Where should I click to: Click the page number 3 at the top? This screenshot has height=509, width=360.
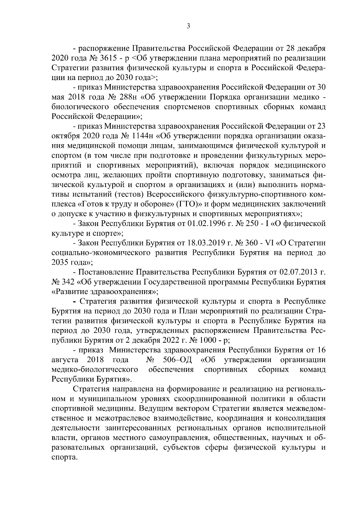188,26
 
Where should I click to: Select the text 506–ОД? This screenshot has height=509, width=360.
178,360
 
